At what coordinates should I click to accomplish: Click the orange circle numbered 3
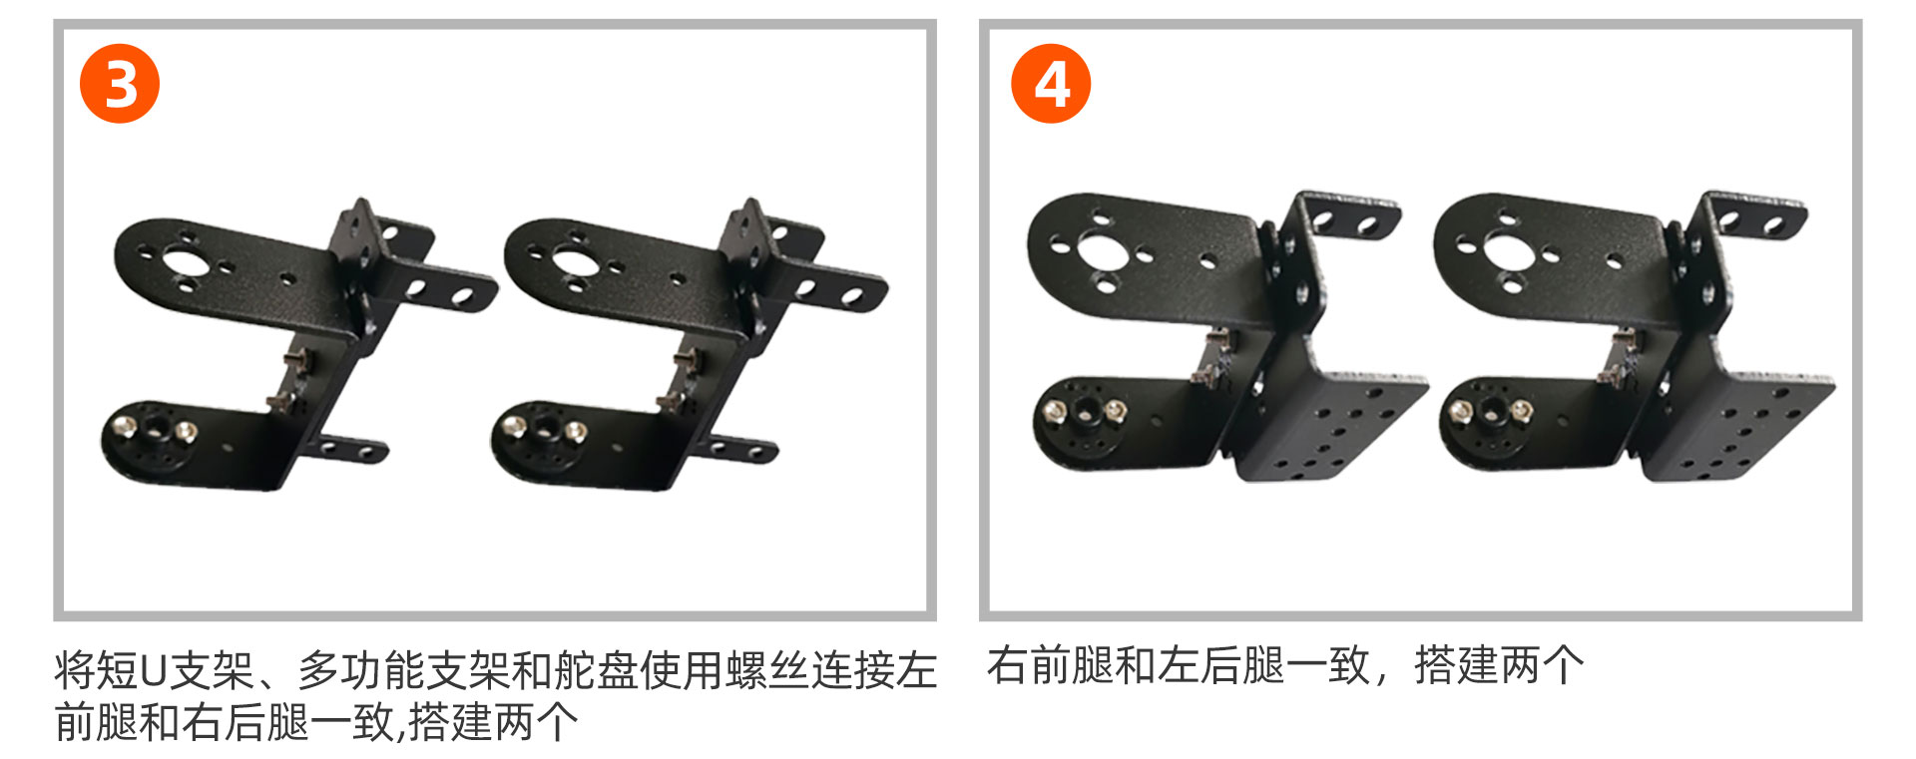tap(120, 84)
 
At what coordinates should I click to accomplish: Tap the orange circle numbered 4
tap(1051, 84)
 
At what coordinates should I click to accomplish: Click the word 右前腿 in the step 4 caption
tap(1050, 665)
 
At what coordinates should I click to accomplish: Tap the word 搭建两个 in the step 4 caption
tap(1499, 665)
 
